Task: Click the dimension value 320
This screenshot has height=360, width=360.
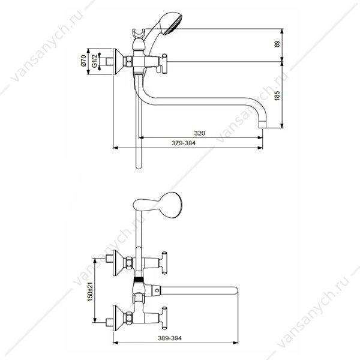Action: tap(200, 133)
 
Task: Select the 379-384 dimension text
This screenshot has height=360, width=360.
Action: tap(184, 143)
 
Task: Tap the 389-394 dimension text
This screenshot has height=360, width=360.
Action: tap(170, 338)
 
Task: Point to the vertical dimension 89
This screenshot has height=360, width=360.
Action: tap(277, 44)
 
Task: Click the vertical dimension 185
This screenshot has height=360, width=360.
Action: tap(277, 95)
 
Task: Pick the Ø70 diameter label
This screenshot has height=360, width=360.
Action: tap(83, 61)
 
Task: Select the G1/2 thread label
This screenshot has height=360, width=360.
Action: tap(95, 61)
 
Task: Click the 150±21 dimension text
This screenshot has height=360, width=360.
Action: tap(90, 292)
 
